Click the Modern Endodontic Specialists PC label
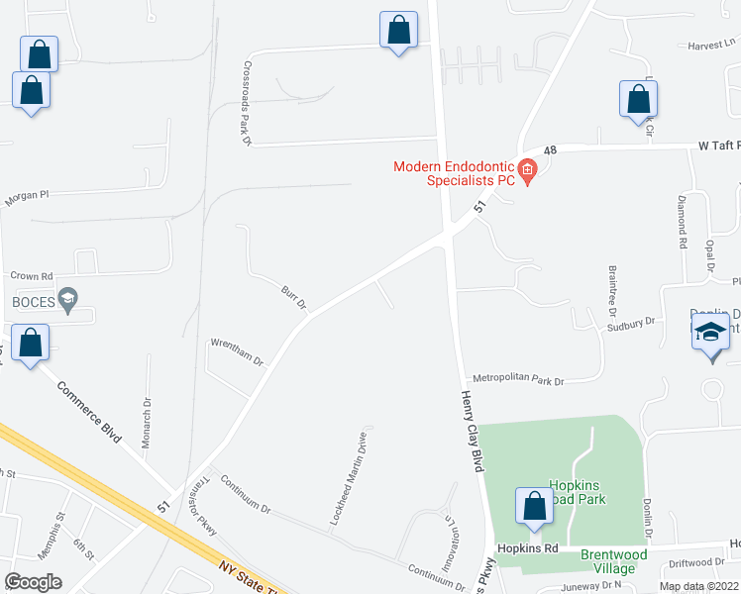pyautogui.click(x=454, y=173)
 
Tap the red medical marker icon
pyautogui.click(x=527, y=174)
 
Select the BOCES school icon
pyautogui.click(x=67, y=298)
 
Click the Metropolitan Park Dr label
pyautogui.click(x=517, y=380)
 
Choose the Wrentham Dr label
pyautogui.click(x=236, y=352)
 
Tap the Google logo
pyautogui.click(x=34, y=581)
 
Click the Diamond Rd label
pyautogui.click(x=682, y=221)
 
